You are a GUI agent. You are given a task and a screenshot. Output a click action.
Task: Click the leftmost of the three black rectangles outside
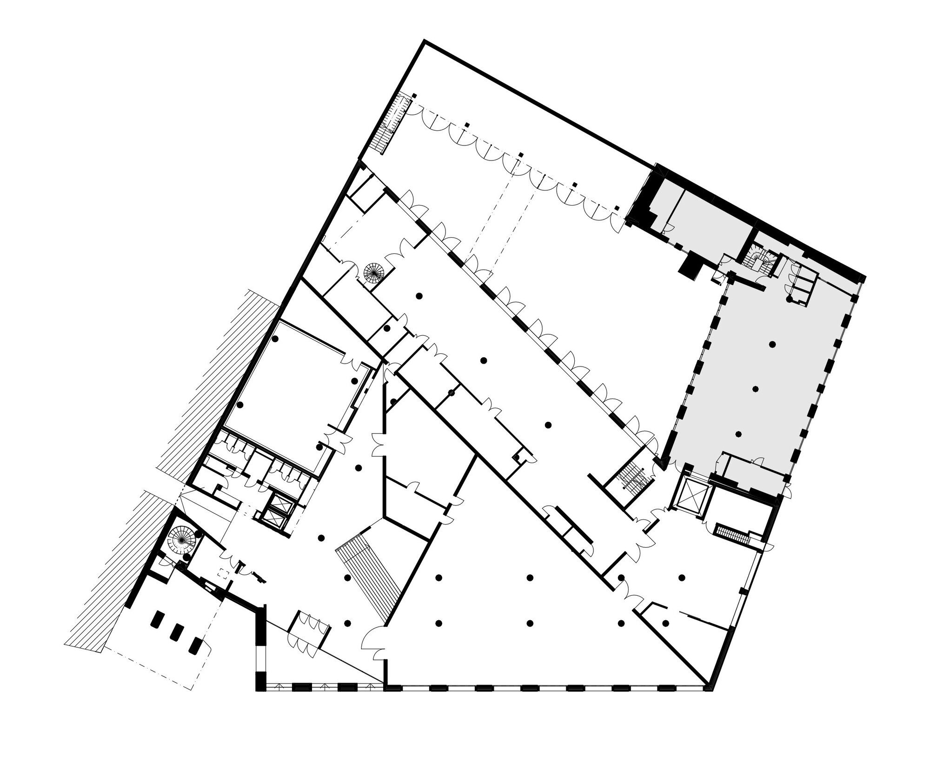coord(158,620)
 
